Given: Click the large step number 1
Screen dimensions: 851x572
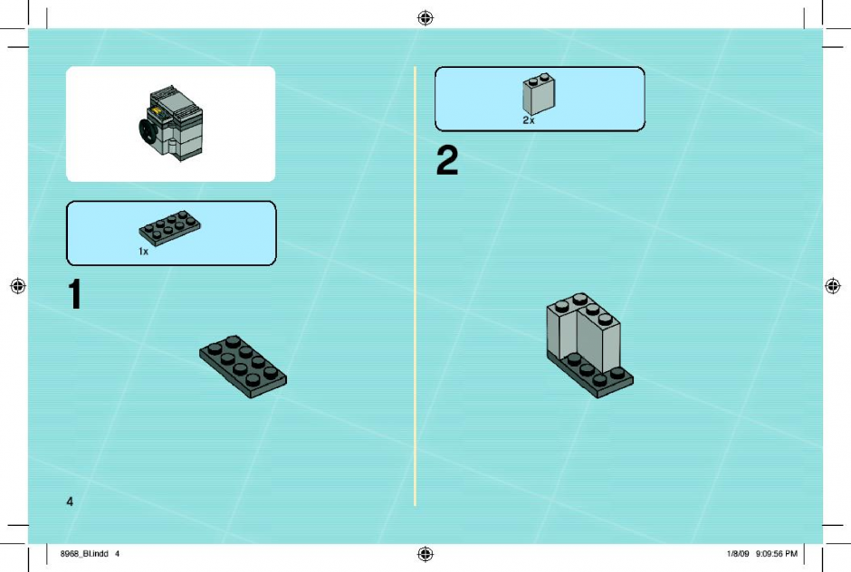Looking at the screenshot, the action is pos(75,294).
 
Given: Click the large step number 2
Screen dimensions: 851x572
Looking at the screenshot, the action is pos(447,160).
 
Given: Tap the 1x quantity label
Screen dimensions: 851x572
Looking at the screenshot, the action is pos(143,252).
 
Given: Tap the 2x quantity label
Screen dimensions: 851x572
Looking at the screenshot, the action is pos(529,120).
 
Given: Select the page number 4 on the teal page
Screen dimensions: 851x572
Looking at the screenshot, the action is pos(70,501).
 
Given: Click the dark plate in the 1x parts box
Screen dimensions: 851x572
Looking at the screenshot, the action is pos(169,228).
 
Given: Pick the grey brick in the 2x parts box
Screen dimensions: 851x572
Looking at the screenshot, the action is pos(539,94).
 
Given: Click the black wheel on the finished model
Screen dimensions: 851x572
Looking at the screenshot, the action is pos(147,131).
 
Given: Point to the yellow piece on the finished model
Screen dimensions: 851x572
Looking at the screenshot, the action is pos(158,112).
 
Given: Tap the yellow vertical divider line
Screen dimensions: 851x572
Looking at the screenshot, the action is pos(416,286).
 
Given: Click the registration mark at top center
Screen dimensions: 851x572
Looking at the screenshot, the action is pos(425,18).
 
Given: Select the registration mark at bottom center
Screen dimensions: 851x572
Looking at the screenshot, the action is pos(425,554).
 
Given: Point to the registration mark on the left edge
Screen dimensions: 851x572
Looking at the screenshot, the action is pos(18,285).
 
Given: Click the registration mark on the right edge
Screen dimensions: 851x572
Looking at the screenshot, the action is pos(833,285).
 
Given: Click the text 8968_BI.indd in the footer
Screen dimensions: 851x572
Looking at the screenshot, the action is pos(84,554).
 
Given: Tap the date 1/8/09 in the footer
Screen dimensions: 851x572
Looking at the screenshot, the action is pos(738,554).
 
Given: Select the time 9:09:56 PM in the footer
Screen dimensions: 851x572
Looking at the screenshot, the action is pos(776,554).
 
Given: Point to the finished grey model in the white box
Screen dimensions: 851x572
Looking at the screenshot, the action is pos(171,123).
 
